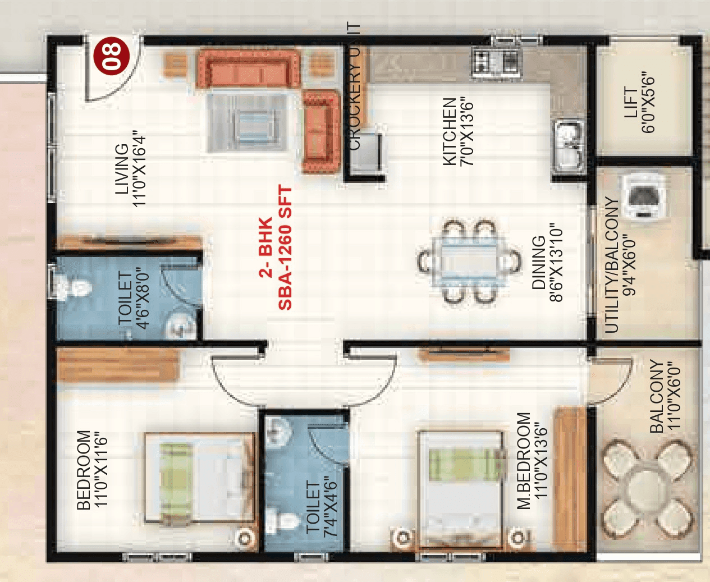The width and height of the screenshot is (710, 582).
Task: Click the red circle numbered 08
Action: [112, 56]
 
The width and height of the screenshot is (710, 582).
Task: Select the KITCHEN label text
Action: [450, 132]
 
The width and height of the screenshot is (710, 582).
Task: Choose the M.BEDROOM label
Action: [524, 461]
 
